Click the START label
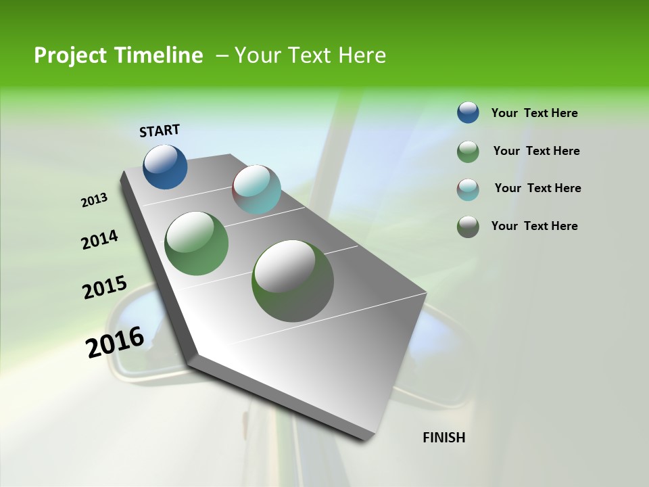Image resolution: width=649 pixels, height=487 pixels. click(160, 131)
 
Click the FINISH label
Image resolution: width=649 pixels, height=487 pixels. click(444, 438)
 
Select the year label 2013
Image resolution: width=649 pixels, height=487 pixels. click(95, 200)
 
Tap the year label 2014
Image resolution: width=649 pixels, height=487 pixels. click(100, 239)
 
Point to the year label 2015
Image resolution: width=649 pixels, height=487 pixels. click(105, 287)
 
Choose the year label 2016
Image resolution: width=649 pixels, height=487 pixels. click(115, 342)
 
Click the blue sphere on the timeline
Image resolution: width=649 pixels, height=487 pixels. click(165, 166)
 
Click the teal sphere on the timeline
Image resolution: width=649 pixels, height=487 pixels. click(256, 189)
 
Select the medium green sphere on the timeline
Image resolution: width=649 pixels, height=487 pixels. click(197, 243)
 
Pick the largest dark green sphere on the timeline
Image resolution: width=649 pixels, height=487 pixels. click(293, 281)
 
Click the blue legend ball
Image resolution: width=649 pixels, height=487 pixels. click(468, 112)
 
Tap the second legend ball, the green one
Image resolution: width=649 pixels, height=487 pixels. click(468, 152)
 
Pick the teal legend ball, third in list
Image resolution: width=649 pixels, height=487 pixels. click(468, 189)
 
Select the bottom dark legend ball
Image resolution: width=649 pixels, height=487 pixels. click(468, 227)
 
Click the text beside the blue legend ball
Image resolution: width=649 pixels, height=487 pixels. click(535, 113)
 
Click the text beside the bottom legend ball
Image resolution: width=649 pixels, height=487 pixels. click(535, 226)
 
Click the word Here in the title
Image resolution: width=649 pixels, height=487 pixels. click(362, 55)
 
